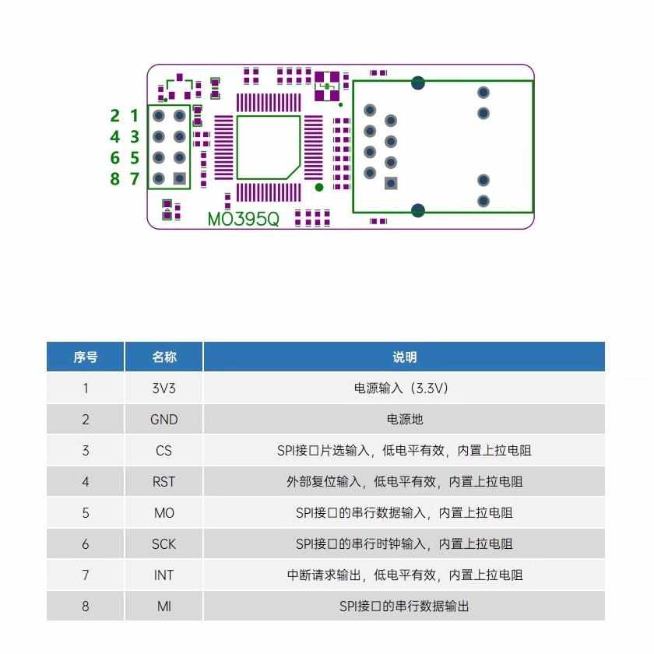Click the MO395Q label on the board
(x=243, y=219)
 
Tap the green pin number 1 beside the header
(x=134, y=116)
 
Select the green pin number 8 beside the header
(x=114, y=179)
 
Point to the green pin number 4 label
(x=114, y=137)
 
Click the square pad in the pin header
(x=180, y=178)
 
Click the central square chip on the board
(x=268, y=147)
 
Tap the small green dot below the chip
(x=318, y=188)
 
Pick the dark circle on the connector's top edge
(x=418, y=82)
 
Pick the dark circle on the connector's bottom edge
(x=418, y=209)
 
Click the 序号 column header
(x=86, y=357)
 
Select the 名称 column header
(x=163, y=357)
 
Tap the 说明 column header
(x=404, y=357)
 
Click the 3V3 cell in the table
(x=163, y=388)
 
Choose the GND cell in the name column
(x=163, y=419)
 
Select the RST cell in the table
(x=163, y=481)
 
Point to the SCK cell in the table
(x=163, y=543)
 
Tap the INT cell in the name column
(x=163, y=575)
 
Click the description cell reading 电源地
(x=404, y=419)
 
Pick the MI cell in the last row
(x=163, y=606)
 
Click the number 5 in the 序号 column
(x=86, y=512)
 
